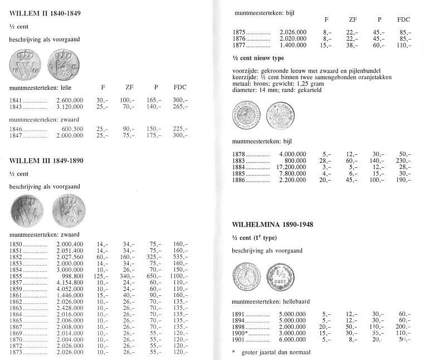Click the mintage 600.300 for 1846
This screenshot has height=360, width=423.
point(72,129)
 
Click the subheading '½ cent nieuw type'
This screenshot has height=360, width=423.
point(259,58)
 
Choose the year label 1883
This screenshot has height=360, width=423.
point(238,160)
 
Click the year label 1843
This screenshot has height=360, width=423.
point(17,106)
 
